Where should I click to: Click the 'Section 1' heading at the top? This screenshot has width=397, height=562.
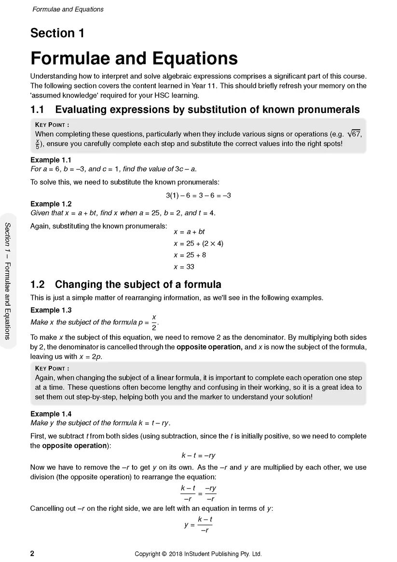pyautogui.click(x=57, y=33)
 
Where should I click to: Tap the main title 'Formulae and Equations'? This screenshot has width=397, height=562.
pyautogui.click(x=134, y=58)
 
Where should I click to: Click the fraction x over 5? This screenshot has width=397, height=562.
pyautogui.click(x=38, y=144)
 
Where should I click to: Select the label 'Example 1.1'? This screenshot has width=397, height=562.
pyautogui.click(x=51, y=160)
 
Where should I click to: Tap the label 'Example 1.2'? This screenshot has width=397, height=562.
pyautogui.click(x=51, y=204)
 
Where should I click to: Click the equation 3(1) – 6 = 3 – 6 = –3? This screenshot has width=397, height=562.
pyautogui.click(x=198, y=195)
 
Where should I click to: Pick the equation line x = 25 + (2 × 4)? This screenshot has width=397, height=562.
pyautogui.click(x=198, y=243)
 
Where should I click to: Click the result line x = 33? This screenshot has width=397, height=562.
pyautogui.click(x=184, y=267)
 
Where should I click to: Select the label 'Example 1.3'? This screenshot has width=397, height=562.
pyautogui.click(x=51, y=310)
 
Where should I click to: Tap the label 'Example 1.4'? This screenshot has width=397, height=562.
pyautogui.click(x=51, y=414)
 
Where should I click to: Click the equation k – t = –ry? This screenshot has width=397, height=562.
pyautogui.click(x=198, y=455)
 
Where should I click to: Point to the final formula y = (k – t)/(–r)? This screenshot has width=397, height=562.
pyautogui.click(x=198, y=525)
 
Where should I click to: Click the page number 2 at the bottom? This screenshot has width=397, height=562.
pyautogui.click(x=32, y=553)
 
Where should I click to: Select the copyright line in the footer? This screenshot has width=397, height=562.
pyautogui.click(x=198, y=554)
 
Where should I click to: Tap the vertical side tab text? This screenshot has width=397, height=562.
pyautogui.click(x=8, y=281)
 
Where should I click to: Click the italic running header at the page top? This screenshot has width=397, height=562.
pyautogui.click(x=68, y=9)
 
